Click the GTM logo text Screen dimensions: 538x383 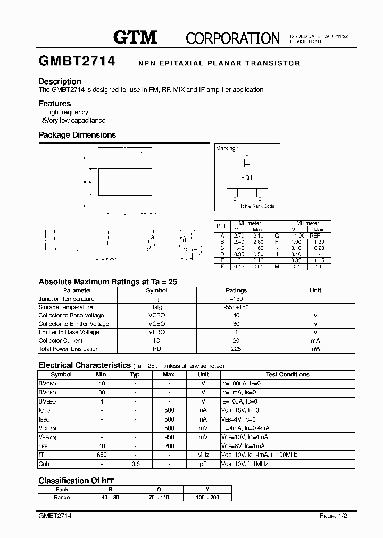pyautogui.click(x=135, y=37)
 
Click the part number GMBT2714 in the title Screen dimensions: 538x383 pyautogui.click(x=77, y=62)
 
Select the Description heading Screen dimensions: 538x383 pyautogui.click(x=60, y=81)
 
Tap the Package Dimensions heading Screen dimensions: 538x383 pyautogui.click(x=77, y=135)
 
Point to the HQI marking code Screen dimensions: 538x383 pyautogui.click(x=246, y=178)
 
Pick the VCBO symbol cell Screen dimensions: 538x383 pyautogui.click(x=156, y=316)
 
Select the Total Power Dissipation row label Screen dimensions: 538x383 pyautogui.click(x=69, y=349)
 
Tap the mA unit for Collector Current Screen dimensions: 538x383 pyautogui.click(x=315, y=341)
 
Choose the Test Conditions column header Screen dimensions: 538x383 pyautogui.click(x=287, y=375)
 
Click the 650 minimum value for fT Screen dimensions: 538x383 pyautogui.click(x=102, y=455)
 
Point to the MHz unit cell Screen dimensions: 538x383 pyautogui.click(x=203, y=455)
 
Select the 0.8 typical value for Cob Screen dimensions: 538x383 pyautogui.click(x=135, y=464)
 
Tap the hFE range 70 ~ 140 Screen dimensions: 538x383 pyautogui.click(x=159, y=498)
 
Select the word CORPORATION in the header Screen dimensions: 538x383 pyautogui.click(x=232, y=38)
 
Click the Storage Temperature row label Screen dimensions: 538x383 pyautogui.click(x=65, y=307)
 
